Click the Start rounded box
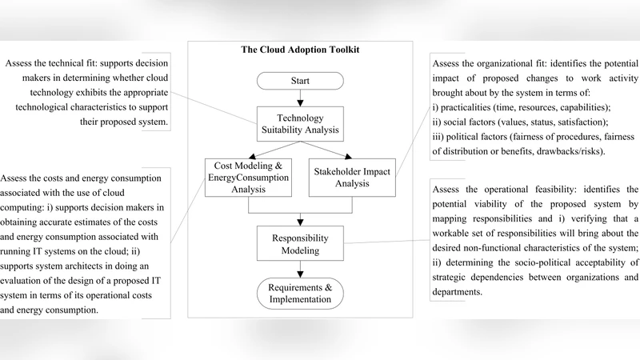[301, 81]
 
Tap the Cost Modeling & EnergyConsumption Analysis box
[249, 177]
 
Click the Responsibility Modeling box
[301, 243]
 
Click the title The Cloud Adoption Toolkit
[300, 50]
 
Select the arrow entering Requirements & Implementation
[301, 270]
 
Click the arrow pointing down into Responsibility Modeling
[301, 220]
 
